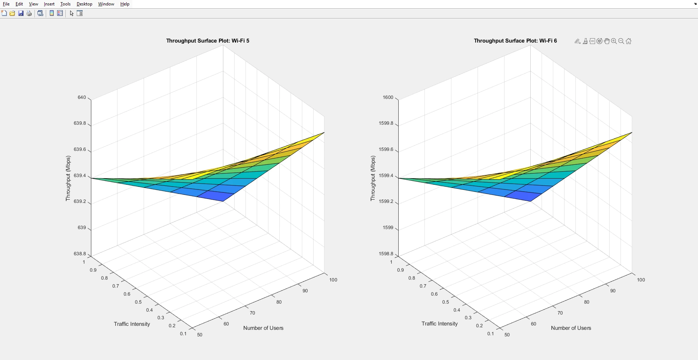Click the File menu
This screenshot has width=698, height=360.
click(6, 4)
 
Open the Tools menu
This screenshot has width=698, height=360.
click(65, 4)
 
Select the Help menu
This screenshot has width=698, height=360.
click(125, 4)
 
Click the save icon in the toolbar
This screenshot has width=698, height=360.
click(21, 13)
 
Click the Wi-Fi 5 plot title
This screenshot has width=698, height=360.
click(208, 41)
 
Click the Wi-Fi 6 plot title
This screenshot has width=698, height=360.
click(515, 41)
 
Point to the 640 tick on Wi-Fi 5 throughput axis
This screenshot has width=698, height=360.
click(82, 97)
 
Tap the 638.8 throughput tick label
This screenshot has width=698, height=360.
click(80, 254)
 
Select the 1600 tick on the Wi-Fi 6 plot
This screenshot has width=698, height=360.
click(388, 97)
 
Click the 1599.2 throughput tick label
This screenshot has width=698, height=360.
click(386, 201)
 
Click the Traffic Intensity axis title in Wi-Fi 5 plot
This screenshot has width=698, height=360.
click(132, 324)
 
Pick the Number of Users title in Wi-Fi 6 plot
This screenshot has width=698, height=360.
click(571, 328)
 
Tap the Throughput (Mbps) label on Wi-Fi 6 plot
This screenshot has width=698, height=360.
click(372, 178)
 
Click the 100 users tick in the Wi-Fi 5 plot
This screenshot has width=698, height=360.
click(333, 280)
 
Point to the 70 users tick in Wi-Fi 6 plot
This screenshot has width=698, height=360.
click(560, 313)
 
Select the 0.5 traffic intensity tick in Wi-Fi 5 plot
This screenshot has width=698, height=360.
click(138, 302)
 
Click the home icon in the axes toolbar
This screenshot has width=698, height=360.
click(629, 41)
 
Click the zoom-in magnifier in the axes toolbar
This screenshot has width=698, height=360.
click(614, 41)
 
